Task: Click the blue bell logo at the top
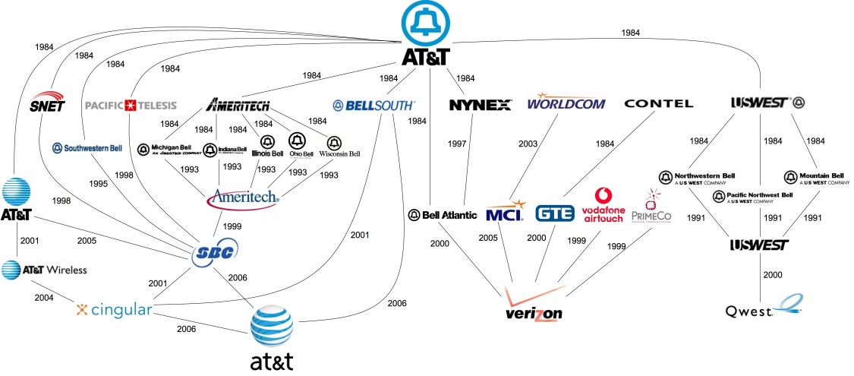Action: point(427,24)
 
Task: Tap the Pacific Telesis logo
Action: point(130,104)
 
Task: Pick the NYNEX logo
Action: point(481,105)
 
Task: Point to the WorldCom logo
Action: point(566,101)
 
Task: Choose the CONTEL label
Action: point(658,103)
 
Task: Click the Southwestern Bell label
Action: point(87,148)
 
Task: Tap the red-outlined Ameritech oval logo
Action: point(243,200)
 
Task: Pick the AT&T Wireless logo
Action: point(44,270)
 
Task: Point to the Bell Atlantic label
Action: point(443,215)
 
